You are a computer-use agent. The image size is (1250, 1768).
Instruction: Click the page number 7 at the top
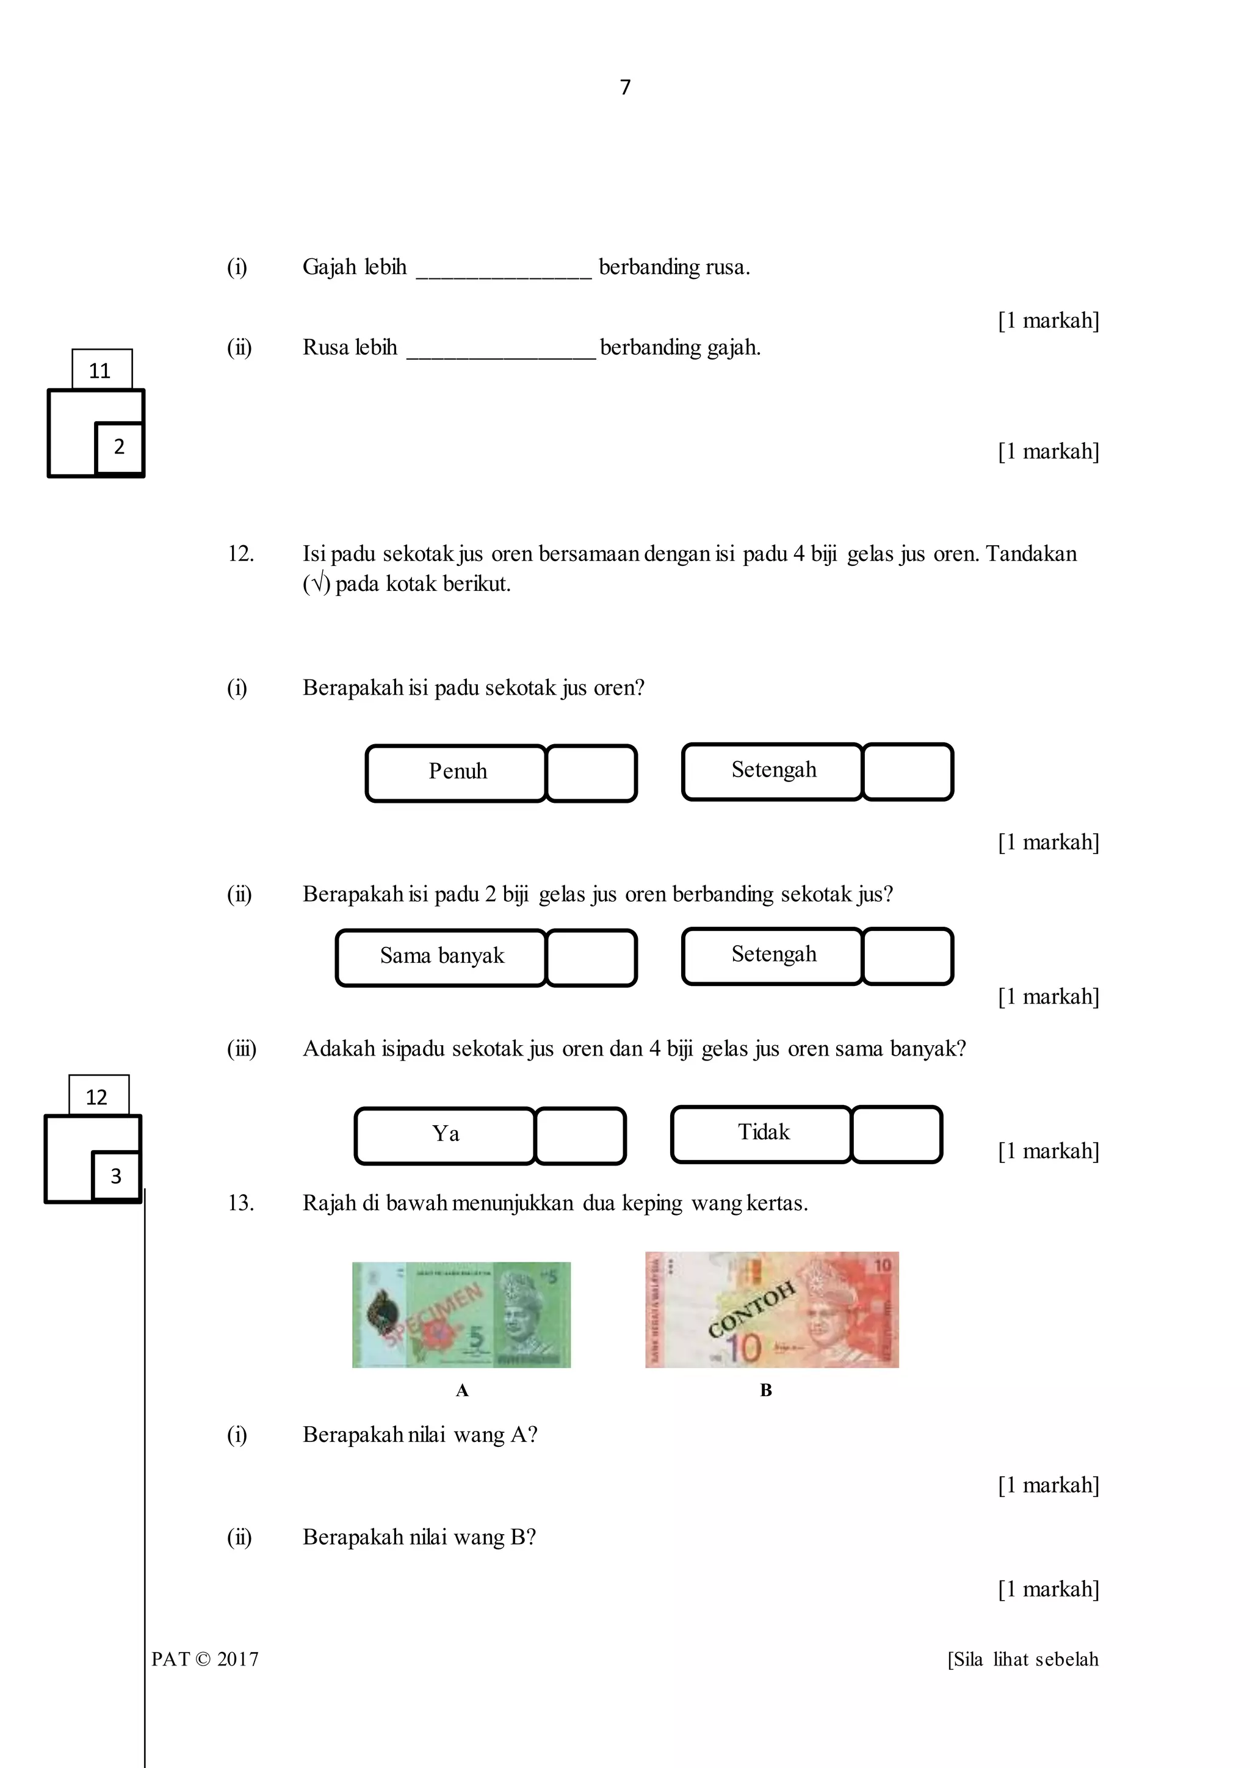625,87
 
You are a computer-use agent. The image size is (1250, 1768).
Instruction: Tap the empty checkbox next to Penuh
591,773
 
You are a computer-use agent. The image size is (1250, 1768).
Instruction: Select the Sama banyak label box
441,957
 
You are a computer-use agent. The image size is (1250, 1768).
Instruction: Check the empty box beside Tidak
897,1134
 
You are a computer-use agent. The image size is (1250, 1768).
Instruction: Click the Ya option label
445,1135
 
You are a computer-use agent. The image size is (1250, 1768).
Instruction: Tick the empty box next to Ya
580,1136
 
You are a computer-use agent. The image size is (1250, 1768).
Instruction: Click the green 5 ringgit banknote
461,1314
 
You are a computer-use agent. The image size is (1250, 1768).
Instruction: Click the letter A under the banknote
462,1390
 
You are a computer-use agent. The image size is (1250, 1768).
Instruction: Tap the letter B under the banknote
766,1390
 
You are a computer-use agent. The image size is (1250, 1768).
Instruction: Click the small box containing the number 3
116,1176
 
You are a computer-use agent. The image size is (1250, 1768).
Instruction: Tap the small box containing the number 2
119,447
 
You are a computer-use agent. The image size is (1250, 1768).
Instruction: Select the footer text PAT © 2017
204,1659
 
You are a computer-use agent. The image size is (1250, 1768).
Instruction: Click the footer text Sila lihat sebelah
1023,1659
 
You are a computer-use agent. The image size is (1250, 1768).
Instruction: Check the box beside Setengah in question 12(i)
908,772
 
